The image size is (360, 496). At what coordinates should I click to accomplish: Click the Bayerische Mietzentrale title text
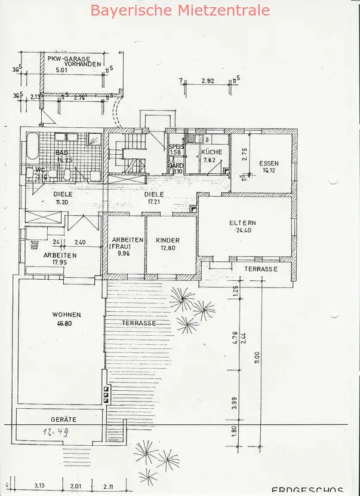tap(180, 10)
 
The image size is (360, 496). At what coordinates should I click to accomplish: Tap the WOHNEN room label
tap(66, 314)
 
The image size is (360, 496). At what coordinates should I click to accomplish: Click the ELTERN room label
tap(244, 223)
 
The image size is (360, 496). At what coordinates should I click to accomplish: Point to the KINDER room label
tap(168, 240)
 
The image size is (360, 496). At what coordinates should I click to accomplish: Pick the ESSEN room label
tap(269, 163)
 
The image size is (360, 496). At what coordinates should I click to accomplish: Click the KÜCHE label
tap(212, 152)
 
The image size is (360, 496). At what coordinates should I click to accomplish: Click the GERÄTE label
tap(63, 420)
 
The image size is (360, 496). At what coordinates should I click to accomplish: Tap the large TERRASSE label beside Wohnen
tap(139, 323)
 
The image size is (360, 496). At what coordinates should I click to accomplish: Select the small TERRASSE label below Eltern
tap(261, 270)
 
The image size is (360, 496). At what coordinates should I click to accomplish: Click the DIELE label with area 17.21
tap(154, 194)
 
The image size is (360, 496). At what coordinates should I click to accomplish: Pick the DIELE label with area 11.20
tap(63, 194)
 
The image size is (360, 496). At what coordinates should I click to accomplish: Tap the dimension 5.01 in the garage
tap(62, 71)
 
